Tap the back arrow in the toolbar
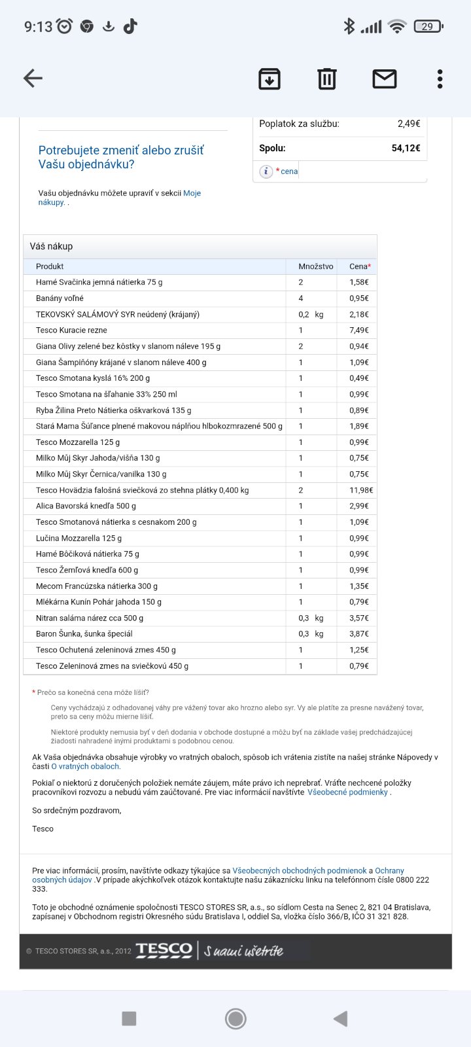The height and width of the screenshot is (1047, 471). pos(33,79)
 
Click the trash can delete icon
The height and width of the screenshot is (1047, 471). pos(326,79)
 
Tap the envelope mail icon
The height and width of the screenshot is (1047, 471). pos(384,79)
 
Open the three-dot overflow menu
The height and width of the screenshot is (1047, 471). pos(440,79)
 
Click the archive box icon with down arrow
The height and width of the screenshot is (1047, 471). pos(270,79)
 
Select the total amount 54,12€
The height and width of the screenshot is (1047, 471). pos(406,149)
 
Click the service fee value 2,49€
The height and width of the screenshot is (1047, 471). pos(408,124)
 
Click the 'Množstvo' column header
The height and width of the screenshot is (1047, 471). pos(315,266)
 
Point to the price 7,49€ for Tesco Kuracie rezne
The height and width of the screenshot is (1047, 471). pos(358,330)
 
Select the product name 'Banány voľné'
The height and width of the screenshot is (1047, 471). pos(60,298)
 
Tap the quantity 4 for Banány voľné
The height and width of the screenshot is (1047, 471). pos(301,298)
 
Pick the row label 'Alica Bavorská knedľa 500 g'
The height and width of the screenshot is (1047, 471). pos(86,506)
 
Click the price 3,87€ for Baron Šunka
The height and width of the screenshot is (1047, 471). pos(358,634)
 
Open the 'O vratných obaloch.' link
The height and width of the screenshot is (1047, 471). pos(86,766)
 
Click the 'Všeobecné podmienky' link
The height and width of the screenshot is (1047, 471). pos(347,792)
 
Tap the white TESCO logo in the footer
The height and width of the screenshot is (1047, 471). pos(164,950)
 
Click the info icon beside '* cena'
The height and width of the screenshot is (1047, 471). pos(266,171)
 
